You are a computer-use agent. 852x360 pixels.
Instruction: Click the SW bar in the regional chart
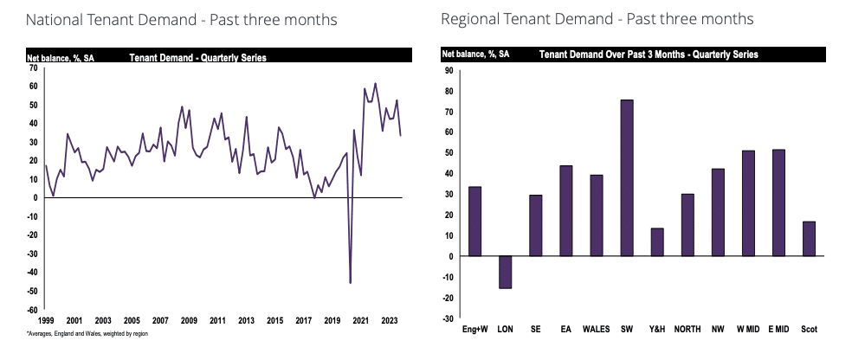point(626,177)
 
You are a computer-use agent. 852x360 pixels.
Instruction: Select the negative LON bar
point(505,272)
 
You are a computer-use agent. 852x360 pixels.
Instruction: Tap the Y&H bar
point(657,241)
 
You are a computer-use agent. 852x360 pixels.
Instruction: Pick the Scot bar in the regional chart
point(808,238)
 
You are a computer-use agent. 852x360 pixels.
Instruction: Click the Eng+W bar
point(474,221)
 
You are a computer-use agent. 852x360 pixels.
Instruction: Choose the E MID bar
point(778,202)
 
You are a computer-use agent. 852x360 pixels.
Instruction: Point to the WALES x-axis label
point(596,328)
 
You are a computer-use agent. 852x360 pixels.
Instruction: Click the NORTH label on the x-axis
point(687,328)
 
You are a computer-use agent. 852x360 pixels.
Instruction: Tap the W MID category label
point(747,328)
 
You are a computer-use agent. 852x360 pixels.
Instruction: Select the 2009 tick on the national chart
point(188,320)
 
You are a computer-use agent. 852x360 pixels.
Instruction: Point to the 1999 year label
point(46,320)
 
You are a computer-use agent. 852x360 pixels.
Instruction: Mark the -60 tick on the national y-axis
point(33,310)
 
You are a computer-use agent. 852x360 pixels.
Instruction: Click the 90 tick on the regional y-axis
point(449,70)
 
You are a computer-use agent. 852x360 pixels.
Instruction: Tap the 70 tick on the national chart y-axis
point(33,67)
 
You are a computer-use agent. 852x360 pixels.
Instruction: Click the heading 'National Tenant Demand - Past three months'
point(171,19)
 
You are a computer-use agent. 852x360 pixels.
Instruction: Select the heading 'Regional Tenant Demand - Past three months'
point(597,19)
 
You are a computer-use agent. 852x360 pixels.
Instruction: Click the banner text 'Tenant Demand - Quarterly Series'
point(197,57)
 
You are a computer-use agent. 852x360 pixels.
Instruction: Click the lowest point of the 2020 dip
point(350,282)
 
